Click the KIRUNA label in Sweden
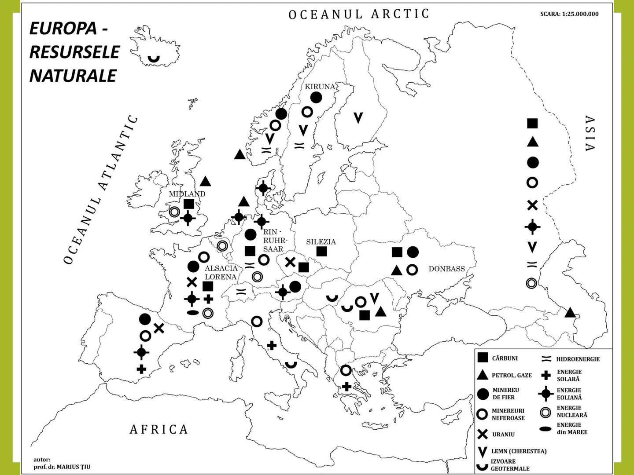pyautogui.click(x=320, y=87)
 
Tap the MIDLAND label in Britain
pyautogui.click(x=187, y=194)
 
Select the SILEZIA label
pyautogui.click(x=321, y=242)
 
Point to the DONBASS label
pyautogui.click(x=446, y=269)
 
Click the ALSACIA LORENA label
pyautogui.click(x=221, y=272)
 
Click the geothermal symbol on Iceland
pyautogui.click(x=153, y=58)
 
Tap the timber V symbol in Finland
pyautogui.click(x=358, y=117)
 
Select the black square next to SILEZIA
pyautogui.click(x=322, y=252)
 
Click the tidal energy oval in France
pyautogui.click(x=192, y=313)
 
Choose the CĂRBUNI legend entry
pyautogui.click(x=505, y=358)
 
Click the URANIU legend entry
pyautogui.click(x=503, y=435)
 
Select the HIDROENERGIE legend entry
pyautogui.click(x=578, y=359)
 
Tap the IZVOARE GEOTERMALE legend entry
pyautogui.click(x=510, y=465)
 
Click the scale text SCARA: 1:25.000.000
pyautogui.click(x=569, y=14)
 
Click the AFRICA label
pyautogui.click(x=159, y=429)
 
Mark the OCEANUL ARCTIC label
pyautogui.click(x=358, y=14)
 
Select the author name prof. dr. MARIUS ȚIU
pyautogui.click(x=62, y=467)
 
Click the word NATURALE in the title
pyautogui.click(x=73, y=76)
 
